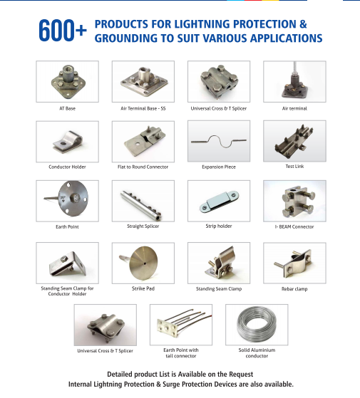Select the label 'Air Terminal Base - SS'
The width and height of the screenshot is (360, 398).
point(143,108)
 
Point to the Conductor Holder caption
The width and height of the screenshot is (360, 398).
point(67,167)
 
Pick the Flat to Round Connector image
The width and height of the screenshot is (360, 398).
point(143,141)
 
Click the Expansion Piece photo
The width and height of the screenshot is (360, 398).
point(218,141)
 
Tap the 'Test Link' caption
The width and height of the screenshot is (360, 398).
point(294,166)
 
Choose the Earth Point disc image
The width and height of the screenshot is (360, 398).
point(67,201)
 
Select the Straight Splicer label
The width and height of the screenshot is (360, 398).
point(143,226)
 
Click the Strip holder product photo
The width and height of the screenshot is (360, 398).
point(218,201)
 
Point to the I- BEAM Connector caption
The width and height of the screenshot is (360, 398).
point(294,226)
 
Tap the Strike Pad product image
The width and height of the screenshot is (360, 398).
point(143,263)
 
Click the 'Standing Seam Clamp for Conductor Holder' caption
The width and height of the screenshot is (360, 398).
point(67,291)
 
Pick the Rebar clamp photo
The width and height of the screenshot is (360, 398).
point(294,263)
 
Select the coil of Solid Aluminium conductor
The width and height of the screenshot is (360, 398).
point(257,325)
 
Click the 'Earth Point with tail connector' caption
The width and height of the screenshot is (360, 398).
point(181,352)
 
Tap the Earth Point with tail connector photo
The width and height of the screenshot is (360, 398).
point(181,325)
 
